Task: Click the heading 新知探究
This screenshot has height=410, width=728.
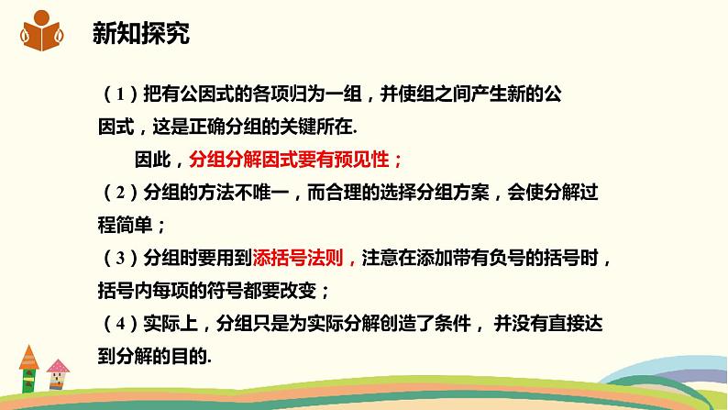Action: [x=141, y=33]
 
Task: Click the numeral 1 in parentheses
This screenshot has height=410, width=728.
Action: [x=120, y=94]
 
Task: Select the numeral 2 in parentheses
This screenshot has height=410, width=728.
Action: [x=120, y=193]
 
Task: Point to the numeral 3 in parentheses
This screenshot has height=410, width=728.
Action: [x=120, y=258]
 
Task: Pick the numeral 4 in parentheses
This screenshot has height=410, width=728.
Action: [x=120, y=324]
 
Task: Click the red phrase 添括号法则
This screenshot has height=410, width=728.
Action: [x=298, y=258]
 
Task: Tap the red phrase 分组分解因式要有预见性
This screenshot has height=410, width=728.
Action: [x=289, y=161]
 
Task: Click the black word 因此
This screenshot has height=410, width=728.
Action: [x=153, y=161]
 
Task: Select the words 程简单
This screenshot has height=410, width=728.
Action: [x=125, y=226]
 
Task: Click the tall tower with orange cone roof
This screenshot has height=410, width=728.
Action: [x=28, y=369]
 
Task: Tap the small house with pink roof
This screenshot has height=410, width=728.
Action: [x=58, y=374]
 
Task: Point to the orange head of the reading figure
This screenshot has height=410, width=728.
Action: [x=42, y=17]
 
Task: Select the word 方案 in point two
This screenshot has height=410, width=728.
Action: [x=471, y=193]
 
